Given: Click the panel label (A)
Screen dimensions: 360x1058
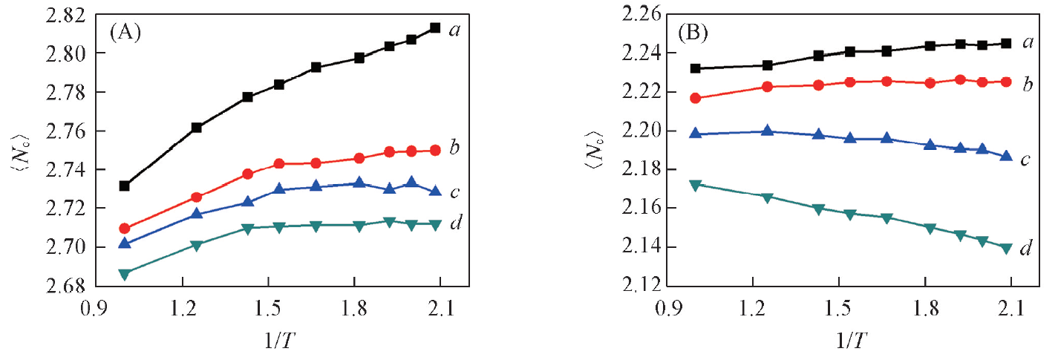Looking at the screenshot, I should pos(126,32).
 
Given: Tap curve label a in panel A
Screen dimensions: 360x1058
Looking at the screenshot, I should pos(455,31).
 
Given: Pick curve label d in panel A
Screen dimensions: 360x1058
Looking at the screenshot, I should pos(455,222).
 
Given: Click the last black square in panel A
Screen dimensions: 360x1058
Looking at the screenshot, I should pos(435,27).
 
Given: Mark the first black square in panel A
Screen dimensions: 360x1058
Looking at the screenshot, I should pos(125,186).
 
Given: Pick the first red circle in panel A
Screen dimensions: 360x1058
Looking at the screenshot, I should pos(125,229).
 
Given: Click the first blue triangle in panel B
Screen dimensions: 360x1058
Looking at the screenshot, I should pos(695,134).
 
